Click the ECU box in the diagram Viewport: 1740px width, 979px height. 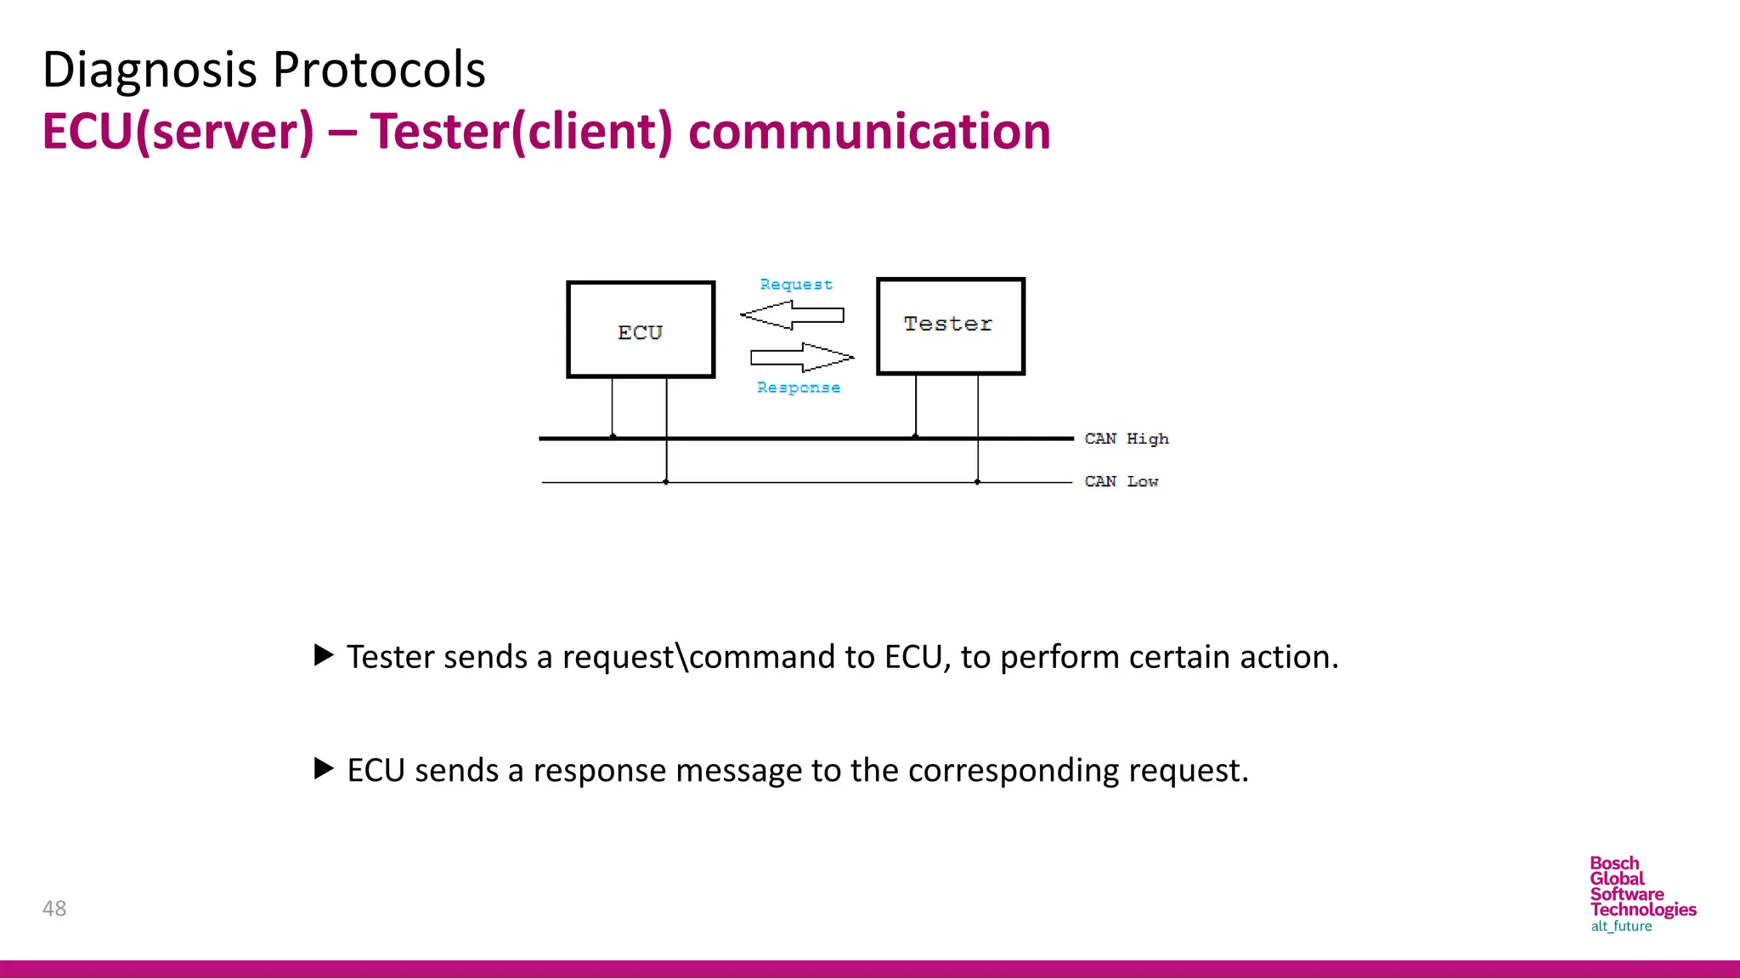(641, 330)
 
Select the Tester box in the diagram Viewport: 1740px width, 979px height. (950, 325)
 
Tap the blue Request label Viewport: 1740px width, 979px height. (796, 285)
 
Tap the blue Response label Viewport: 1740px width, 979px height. (799, 388)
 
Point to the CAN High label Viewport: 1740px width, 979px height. (1127, 439)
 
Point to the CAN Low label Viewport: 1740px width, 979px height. (1121, 482)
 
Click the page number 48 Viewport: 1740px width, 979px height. (54, 908)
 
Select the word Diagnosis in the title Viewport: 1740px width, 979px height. (150, 70)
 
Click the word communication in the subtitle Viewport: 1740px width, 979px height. (869, 132)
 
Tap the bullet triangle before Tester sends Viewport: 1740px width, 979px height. (324, 655)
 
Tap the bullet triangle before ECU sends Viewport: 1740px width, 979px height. (324, 769)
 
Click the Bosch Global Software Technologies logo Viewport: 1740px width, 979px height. (1641, 887)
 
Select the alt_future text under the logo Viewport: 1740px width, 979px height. (1621, 926)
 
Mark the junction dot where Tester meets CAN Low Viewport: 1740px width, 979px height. (978, 482)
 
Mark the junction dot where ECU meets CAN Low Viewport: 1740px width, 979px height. (666, 482)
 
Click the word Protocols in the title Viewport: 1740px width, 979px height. (379, 70)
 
